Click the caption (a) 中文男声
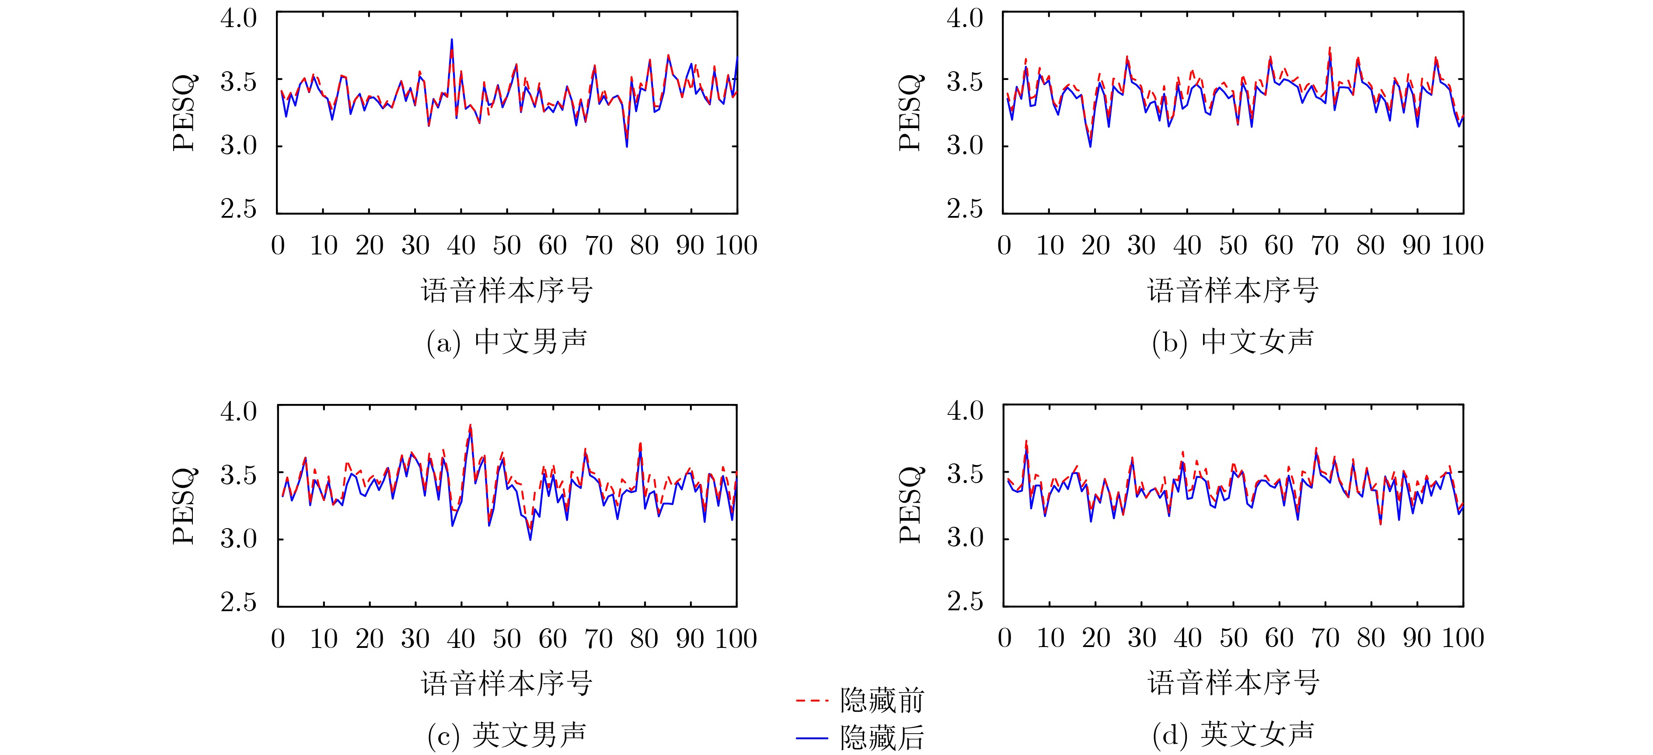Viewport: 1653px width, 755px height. pos(507,342)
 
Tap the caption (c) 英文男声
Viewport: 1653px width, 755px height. pos(507,735)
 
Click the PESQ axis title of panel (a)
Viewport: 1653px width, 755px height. pos(184,113)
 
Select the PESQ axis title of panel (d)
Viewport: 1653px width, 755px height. pos(910,505)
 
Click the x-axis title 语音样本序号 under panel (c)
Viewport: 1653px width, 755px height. pos(507,684)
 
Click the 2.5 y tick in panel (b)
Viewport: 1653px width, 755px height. pos(964,209)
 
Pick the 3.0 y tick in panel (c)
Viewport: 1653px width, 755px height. pos(239,539)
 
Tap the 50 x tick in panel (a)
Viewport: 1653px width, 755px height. pos(507,246)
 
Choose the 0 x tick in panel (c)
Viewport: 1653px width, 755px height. pos(278,639)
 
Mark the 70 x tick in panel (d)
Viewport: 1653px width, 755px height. pos(1325,638)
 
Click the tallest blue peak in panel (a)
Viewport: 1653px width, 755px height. pos(452,39)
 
